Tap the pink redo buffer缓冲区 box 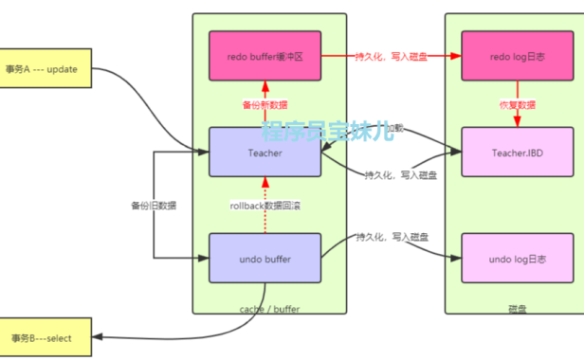point(265,56)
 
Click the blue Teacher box point(265,152)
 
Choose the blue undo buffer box point(265,257)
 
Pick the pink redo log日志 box point(516,56)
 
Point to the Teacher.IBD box point(516,152)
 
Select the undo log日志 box point(516,257)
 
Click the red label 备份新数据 point(265,104)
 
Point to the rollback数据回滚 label point(265,205)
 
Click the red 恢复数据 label point(516,104)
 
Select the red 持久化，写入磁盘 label point(391,56)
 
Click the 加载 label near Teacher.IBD point(378,127)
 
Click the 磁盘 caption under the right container point(517,309)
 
